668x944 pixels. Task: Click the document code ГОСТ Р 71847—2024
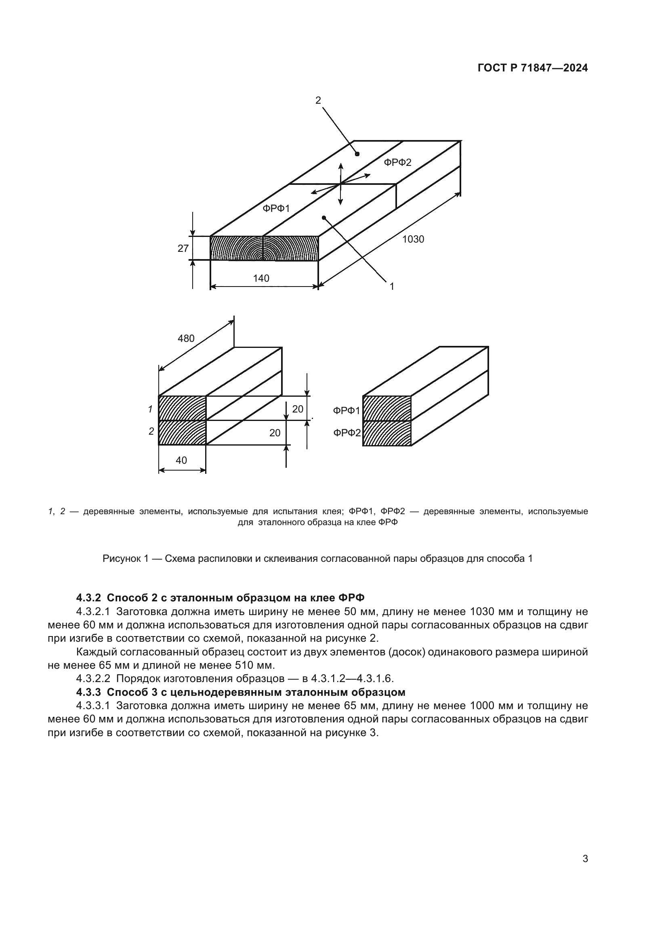click(x=533, y=68)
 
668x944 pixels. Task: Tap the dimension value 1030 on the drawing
click(x=413, y=239)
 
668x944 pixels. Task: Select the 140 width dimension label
click(x=261, y=278)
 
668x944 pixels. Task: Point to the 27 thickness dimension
click(x=183, y=248)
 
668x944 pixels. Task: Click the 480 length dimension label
click(x=186, y=338)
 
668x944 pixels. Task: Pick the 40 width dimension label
click(x=181, y=460)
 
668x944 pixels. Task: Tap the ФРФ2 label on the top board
click(x=398, y=163)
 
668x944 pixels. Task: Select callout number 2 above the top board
click(x=318, y=100)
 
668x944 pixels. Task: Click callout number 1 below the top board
click(x=392, y=286)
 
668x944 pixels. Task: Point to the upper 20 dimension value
click(x=298, y=409)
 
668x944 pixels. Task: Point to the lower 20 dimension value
click(x=275, y=433)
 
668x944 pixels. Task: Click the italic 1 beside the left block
click(x=151, y=409)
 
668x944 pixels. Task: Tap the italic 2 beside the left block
click(x=151, y=431)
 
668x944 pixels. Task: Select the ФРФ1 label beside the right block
click(x=347, y=411)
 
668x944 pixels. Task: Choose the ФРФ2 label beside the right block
click(x=347, y=433)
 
